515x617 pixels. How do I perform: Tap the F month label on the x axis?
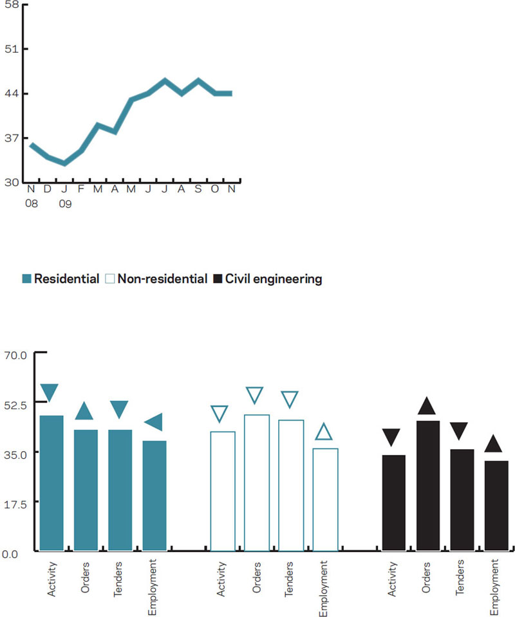click(x=81, y=189)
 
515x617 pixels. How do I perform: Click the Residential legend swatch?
click(x=26, y=279)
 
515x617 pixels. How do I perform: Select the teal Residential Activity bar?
click(x=51, y=483)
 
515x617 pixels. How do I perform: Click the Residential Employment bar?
click(x=154, y=495)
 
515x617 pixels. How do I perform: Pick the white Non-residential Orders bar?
click(x=256, y=483)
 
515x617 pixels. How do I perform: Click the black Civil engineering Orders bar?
click(x=427, y=486)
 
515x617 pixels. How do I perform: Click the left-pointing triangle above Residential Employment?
click(x=153, y=422)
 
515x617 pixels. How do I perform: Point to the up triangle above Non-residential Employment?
click(x=324, y=432)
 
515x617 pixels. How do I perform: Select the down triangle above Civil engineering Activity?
click(x=393, y=437)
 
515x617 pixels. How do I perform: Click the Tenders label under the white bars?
click(x=290, y=578)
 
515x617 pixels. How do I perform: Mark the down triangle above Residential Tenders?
click(x=120, y=409)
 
